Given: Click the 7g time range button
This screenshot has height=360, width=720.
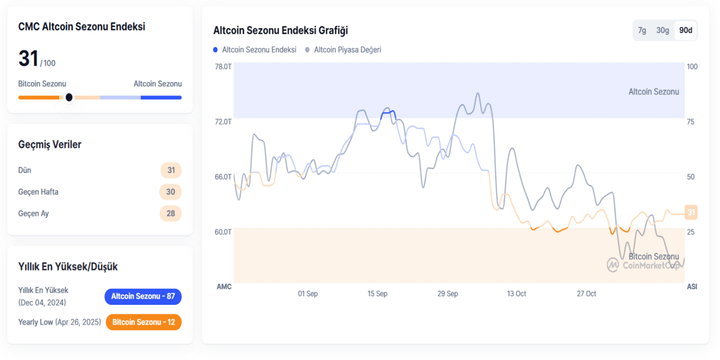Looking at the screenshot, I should click(x=642, y=31).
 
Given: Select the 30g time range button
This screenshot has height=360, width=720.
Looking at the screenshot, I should click(x=662, y=31).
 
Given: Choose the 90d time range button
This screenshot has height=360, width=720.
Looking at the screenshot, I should click(x=685, y=31).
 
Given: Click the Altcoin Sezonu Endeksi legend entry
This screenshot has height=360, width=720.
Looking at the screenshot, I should click(x=255, y=50).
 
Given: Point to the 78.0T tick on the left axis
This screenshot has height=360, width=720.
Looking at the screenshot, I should click(x=223, y=67).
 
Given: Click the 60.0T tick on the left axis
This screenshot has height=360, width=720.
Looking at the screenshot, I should click(x=223, y=232).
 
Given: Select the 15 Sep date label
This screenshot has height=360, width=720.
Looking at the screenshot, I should click(x=377, y=294).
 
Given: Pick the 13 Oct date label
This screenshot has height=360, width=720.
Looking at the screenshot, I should click(x=516, y=294).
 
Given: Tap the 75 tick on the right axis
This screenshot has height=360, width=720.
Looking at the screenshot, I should click(x=691, y=122).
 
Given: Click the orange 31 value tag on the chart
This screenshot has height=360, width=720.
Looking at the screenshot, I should click(x=691, y=212).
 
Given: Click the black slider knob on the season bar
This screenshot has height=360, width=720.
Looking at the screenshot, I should click(x=69, y=97).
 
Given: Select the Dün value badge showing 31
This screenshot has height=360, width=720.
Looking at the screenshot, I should click(x=171, y=170).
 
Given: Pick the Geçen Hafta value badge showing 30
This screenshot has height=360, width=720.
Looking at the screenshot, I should click(x=170, y=192).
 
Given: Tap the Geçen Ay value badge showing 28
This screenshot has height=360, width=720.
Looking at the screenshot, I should click(x=170, y=214).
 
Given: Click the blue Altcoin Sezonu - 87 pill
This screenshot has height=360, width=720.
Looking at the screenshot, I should click(x=143, y=296).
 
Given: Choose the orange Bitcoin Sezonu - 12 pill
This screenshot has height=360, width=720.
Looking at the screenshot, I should click(x=143, y=322).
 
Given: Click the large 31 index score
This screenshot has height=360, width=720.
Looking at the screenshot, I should click(x=28, y=59).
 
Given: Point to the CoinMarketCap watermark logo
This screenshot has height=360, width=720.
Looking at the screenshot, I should click(x=613, y=265).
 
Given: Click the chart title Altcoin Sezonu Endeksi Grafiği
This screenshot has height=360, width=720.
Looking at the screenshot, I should click(x=280, y=31).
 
